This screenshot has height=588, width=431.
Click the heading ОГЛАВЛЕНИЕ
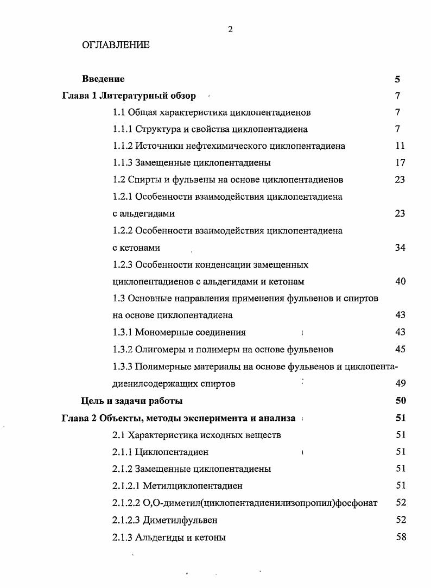click(116, 45)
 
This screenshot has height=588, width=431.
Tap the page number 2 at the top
click(230, 29)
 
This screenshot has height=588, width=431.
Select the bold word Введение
click(103, 79)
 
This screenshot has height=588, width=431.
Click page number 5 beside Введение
click(397, 79)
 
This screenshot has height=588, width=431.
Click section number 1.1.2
click(122, 146)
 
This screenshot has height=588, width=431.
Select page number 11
click(400, 146)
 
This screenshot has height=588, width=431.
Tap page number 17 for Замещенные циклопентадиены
click(400, 163)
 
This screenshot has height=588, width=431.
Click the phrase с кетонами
click(136, 248)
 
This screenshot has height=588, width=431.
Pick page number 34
click(400, 248)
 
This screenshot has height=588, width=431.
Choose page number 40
click(400, 281)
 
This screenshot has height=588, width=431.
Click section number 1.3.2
click(122, 349)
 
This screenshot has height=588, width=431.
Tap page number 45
click(400, 349)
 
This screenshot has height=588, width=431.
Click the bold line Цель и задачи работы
click(132, 401)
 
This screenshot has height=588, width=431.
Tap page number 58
click(401, 538)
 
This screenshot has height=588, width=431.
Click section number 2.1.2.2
click(126, 503)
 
